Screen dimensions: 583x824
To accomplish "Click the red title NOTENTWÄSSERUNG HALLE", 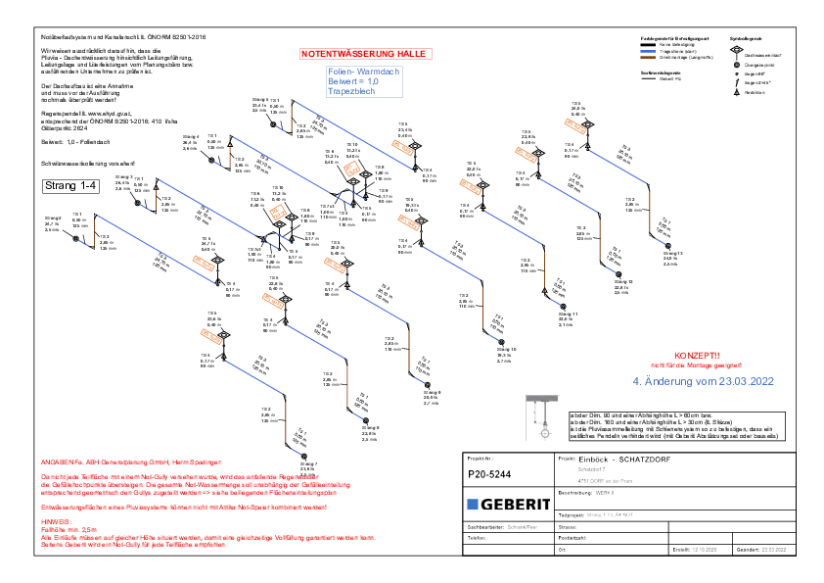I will click(364, 54).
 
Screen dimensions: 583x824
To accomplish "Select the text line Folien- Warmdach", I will click(363, 73).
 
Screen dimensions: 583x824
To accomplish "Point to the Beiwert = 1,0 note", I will click(353, 81).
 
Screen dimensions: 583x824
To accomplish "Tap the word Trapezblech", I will click(351, 91).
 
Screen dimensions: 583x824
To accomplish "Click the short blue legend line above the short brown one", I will click(648, 51).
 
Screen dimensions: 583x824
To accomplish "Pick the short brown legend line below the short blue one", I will click(648, 57).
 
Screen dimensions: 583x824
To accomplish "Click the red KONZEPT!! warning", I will click(697, 355).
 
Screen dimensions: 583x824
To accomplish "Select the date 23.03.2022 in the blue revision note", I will click(743, 381).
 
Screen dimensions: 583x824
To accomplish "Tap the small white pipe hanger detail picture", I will click(542, 417).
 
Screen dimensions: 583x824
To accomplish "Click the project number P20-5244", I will click(490, 474).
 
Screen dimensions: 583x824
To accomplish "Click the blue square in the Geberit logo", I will click(473, 504).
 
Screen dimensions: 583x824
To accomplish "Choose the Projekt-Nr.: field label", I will click(481, 459).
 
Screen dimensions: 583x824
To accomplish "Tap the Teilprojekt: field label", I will click(571, 514).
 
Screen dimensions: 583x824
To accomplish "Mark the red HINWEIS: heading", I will click(56, 522).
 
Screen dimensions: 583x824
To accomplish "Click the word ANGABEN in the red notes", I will click(55, 462).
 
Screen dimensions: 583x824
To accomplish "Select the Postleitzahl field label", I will click(572, 538).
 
